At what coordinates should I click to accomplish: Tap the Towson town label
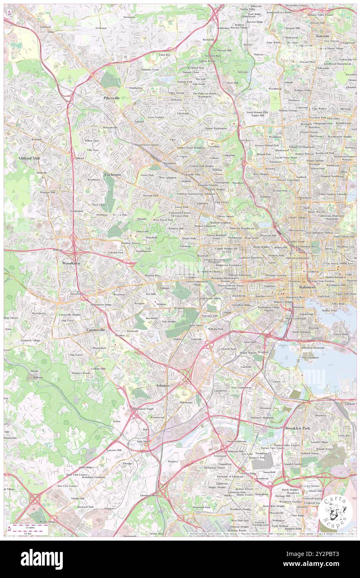pos(322,36)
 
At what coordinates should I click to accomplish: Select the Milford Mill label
pos(29,158)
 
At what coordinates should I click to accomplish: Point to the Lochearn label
pos(113,175)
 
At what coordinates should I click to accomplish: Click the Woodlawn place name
pos(71,264)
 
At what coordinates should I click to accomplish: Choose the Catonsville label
pos(96,330)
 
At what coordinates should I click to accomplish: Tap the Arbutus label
pos(163,386)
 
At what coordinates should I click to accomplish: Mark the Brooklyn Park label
pos(298,428)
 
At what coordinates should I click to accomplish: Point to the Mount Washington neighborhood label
pos(216,128)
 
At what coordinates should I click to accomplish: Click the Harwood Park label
pos(85,507)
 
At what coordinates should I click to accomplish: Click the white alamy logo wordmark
pos(42,559)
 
